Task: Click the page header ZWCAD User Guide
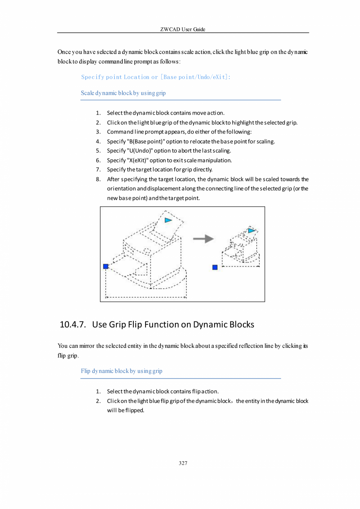(x=183, y=29)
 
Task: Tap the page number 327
(x=183, y=463)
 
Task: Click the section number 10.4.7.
(x=73, y=325)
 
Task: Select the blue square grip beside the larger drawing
(x=106, y=266)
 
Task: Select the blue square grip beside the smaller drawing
(x=215, y=267)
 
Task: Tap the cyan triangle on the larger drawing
(x=168, y=220)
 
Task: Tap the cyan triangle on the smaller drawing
(x=251, y=231)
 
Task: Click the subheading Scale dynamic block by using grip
(x=123, y=93)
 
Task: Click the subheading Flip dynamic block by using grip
(x=122, y=371)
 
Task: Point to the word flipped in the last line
(x=133, y=411)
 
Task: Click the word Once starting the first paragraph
(x=65, y=52)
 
